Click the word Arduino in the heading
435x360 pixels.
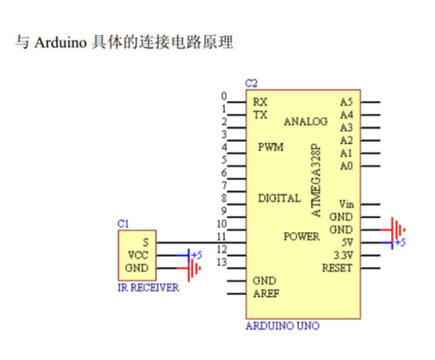coord(60,43)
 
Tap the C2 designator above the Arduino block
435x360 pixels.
coord(251,83)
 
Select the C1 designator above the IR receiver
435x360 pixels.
coord(123,224)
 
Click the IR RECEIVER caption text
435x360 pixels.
coord(148,288)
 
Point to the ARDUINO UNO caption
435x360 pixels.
coord(282,326)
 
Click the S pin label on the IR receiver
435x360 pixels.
coord(146,242)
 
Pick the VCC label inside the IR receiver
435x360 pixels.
coord(138,255)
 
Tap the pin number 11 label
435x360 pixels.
coord(221,237)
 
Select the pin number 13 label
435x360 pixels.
coord(222,262)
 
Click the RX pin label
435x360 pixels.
coord(260,102)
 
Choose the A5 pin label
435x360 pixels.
coord(347,102)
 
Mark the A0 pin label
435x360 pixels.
coord(347,166)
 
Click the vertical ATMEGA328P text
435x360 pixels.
coord(316,180)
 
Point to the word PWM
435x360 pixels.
coord(271,147)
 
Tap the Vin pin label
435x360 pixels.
coord(347,204)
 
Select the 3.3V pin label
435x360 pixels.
coord(344,255)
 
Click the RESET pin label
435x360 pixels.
coord(337,268)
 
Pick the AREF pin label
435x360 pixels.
coord(266,294)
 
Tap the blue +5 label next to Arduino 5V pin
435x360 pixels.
coord(400,243)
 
